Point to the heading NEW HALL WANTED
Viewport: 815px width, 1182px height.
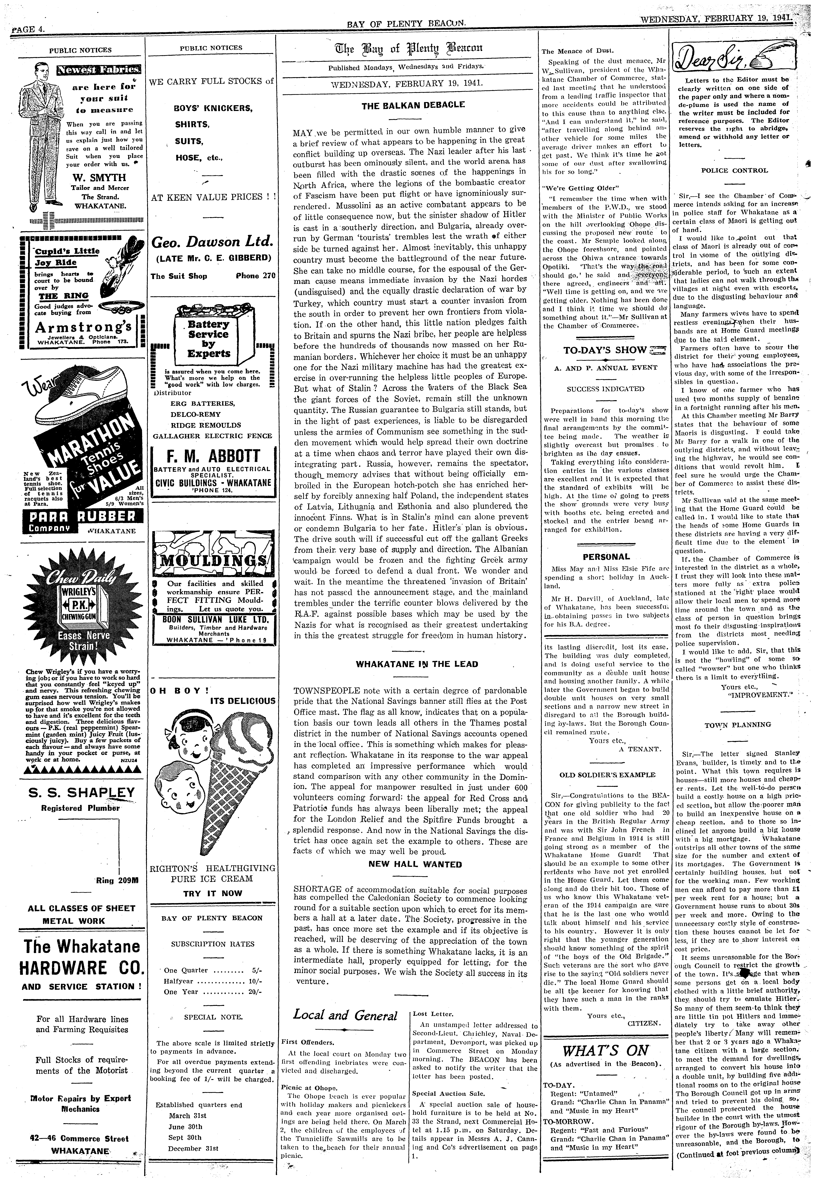[x=415, y=865]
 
